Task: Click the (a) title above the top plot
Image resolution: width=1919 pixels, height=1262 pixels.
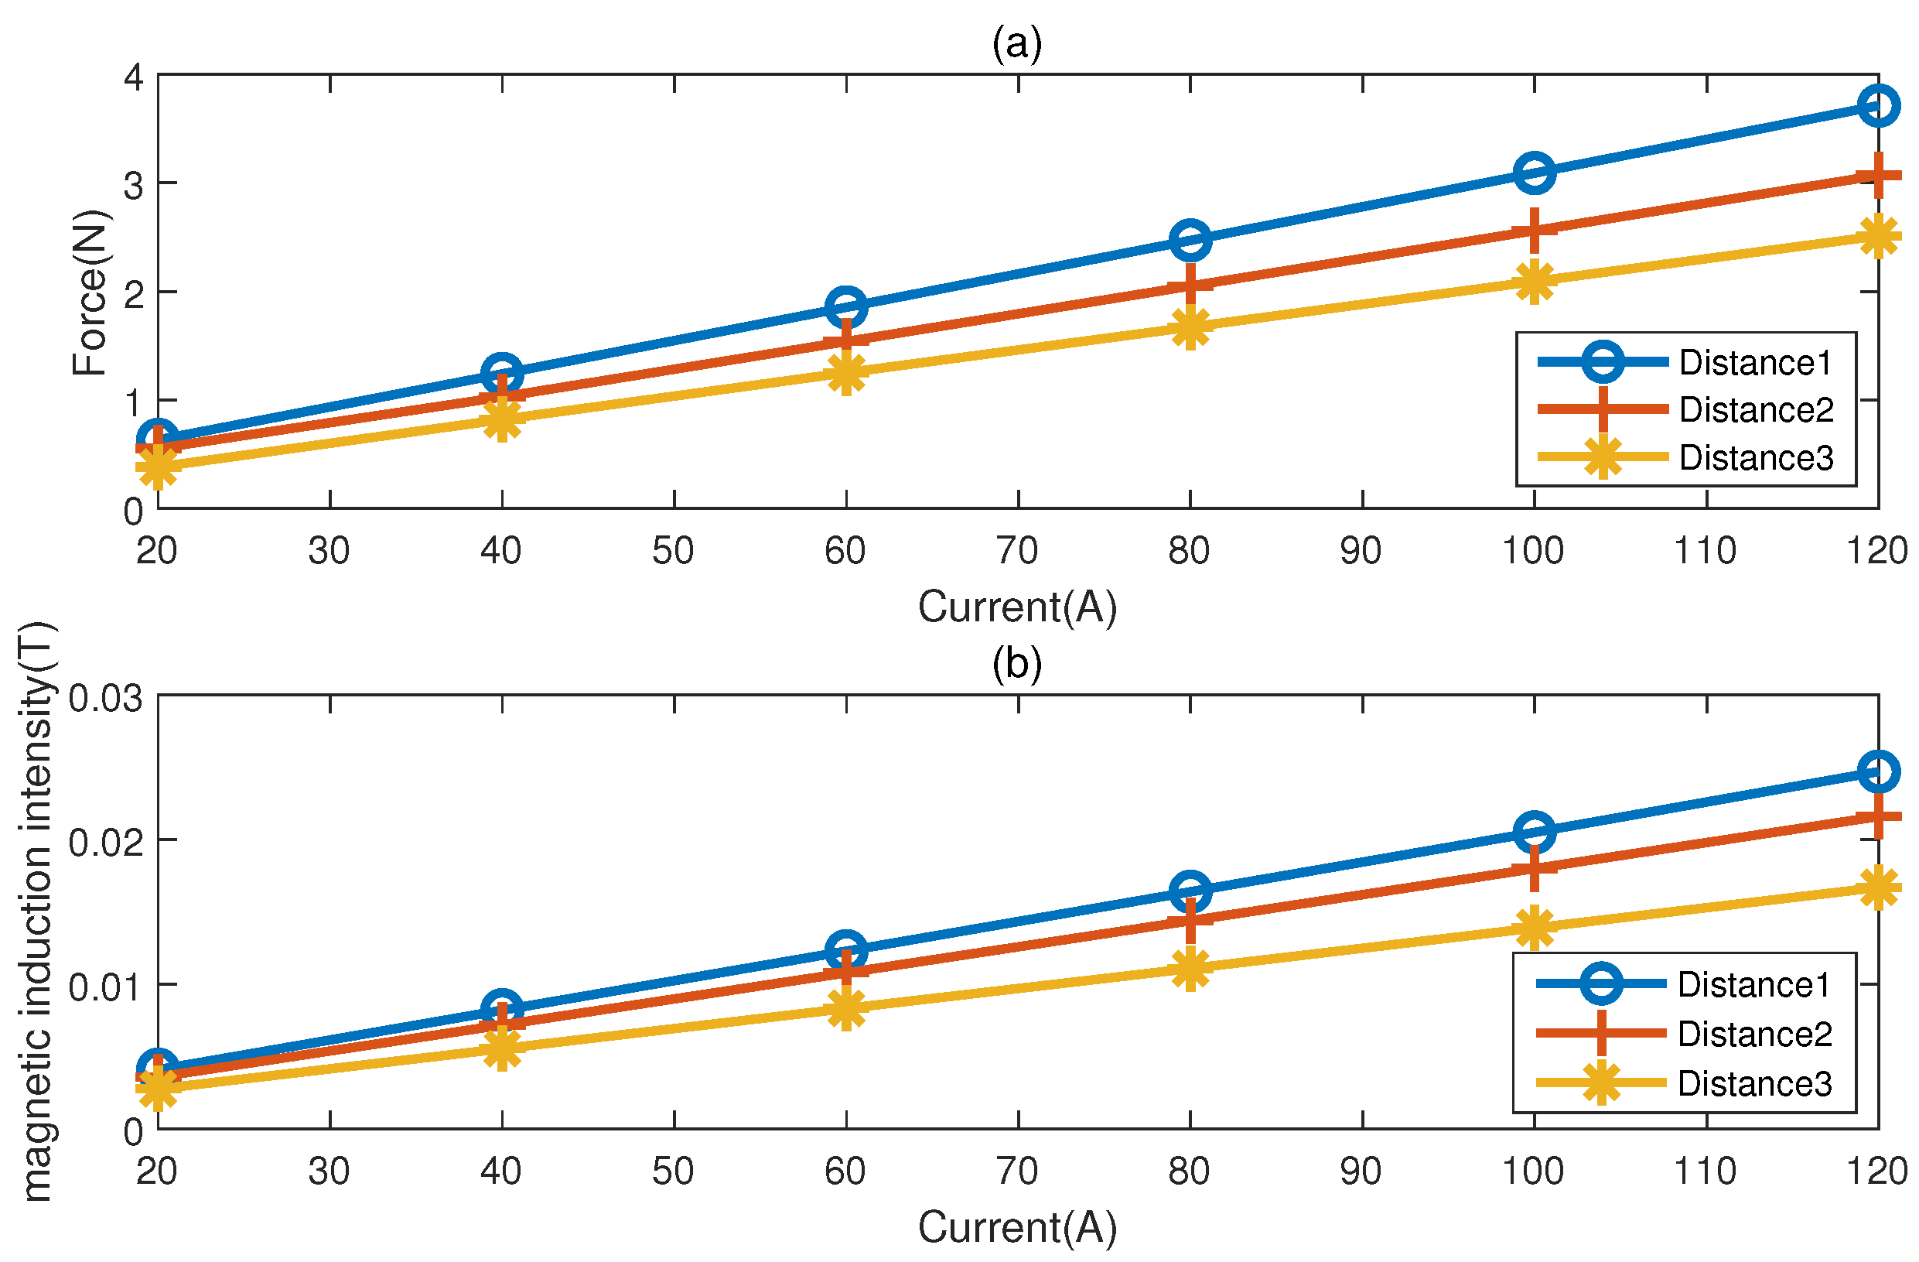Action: pyautogui.click(x=1017, y=43)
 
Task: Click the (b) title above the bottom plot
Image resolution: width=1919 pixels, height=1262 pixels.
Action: pyautogui.click(x=1017, y=664)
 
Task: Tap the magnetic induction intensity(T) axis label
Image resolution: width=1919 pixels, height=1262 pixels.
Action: pyautogui.click(x=36, y=911)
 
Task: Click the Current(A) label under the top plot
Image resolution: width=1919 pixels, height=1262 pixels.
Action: pyautogui.click(x=1018, y=607)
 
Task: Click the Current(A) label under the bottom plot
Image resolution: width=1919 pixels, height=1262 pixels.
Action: pyautogui.click(x=1018, y=1226)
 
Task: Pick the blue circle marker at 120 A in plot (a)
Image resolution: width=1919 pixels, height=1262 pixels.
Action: pyautogui.click(x=1878, y=106)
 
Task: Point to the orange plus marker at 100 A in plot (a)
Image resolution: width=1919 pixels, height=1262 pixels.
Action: pyautogui.click(x=1534, y=231)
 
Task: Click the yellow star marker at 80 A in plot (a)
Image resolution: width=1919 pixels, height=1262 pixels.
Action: pyautogui.click(x=1190, y=327)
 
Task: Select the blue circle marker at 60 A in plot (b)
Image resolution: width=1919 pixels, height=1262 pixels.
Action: pyautogui.click(x=846, y=950)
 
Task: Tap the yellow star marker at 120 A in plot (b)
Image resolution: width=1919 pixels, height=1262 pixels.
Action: pyautogui.click(x=1878, y=888)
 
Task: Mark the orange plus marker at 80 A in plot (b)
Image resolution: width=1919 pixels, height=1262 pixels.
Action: pyautogui.click(x=1190, y=920)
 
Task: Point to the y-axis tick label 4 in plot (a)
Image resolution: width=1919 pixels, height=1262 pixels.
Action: pyautogui.click(x=133, y=77)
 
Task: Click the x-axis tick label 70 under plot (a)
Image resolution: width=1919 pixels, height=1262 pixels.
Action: pyautogui.click(x=1017, y=551)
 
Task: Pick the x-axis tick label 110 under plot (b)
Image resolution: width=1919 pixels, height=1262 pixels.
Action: pyautogui.click(x=1705, y=1171)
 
